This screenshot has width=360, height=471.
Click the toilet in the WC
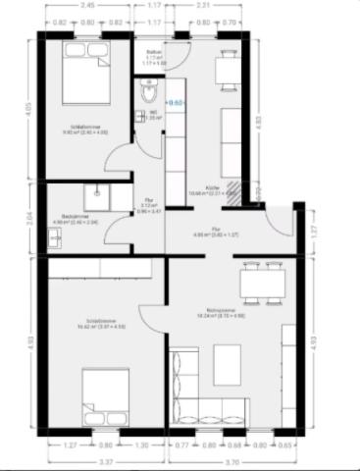click(x=146, y=93)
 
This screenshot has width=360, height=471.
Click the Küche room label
click(x=211, y=186)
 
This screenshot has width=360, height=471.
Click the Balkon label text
click(x=153, y=52)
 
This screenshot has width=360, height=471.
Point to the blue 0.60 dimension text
click(x=178, y=101)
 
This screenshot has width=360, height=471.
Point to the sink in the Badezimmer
click(x=102, y=192)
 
